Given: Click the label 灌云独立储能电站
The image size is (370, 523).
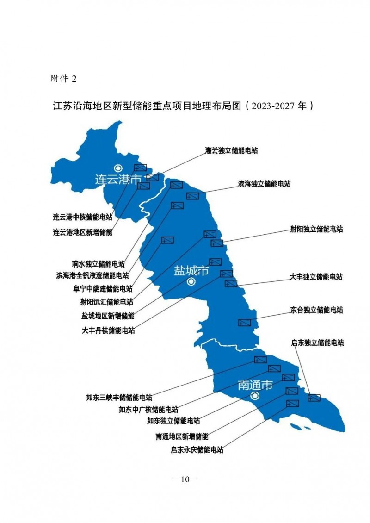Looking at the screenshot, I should pos(231,150).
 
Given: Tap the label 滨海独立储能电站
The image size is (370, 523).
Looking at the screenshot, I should pos(264,184).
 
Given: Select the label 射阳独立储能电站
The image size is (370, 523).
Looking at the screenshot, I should pos(316,229).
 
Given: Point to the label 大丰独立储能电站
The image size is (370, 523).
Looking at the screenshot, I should pos(316,277).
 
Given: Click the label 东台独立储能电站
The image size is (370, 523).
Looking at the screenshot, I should pos(317,310).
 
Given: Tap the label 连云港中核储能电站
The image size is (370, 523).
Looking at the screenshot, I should pos(82,217).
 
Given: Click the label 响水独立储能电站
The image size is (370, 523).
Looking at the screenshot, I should pos(99,264).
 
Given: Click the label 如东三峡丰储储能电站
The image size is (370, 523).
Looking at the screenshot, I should pos(119,397).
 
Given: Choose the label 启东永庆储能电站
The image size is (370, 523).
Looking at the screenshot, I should pos(197,449).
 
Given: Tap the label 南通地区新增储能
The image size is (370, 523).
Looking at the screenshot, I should pos(182,436).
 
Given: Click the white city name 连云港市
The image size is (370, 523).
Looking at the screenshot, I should pos(117,180).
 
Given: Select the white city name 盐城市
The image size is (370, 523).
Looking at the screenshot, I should pos(191,271).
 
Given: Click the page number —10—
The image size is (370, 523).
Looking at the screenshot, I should pos(185,479).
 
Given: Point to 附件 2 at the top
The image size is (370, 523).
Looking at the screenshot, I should pos(63,78).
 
